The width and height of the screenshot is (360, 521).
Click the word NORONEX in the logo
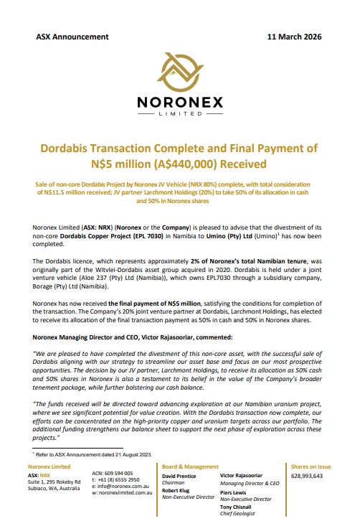179,103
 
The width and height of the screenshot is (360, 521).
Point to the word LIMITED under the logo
179,114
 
